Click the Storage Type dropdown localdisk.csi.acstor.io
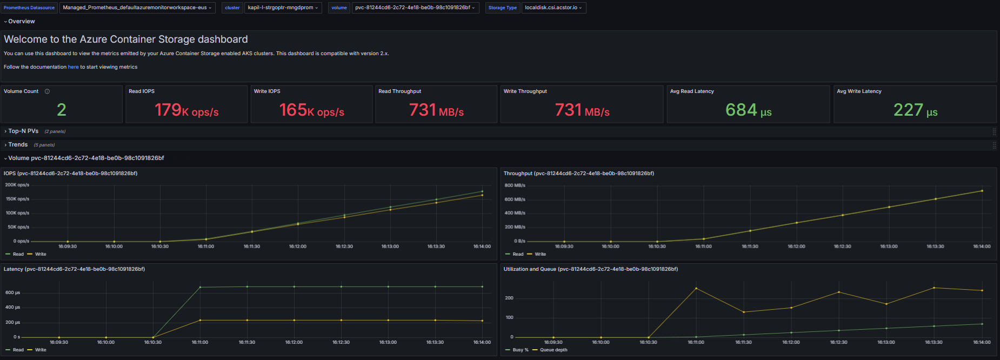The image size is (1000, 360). [x=554, y=8]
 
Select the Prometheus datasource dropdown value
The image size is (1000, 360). [x=137, y=8]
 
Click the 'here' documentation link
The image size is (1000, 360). [x=73, y=67]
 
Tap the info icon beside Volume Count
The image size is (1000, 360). [x=47, y=91]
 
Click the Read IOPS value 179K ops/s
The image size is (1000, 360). [x=186, y=110]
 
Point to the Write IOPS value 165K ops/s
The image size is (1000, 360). [x=312, y=110]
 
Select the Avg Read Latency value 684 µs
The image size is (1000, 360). [x=749, y=110]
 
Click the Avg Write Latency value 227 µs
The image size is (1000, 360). [x=916, y=110]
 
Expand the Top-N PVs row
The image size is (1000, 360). [x=23, y=131]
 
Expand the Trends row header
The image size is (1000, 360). [x=18, y=145]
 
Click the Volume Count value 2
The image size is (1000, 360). [x=62, y=110]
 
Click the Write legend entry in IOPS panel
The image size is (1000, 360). [x=37, y=254]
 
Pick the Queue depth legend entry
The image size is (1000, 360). [x=550, y=350]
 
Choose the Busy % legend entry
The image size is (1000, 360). [x=517, y=350]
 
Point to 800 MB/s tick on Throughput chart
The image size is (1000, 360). [x=515, y=185]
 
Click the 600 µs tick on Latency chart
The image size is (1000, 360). [x=12, y=292]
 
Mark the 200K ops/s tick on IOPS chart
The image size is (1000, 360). [x=17, y=185]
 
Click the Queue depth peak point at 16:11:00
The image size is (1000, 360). [x=696, y=288]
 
